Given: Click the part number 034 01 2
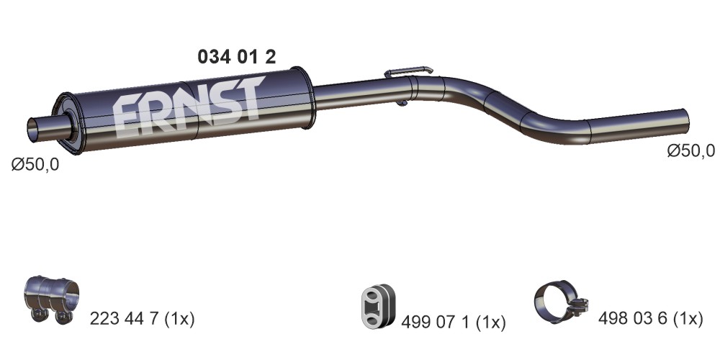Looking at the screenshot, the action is click(236, 57).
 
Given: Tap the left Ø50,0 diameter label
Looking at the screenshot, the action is click(35, 164).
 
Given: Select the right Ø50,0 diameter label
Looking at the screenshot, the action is click(691, 150).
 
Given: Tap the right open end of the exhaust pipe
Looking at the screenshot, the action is click(685, 120).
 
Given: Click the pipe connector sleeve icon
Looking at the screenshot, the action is click(51, 298).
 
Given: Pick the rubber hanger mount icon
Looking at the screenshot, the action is click(378, 306).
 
